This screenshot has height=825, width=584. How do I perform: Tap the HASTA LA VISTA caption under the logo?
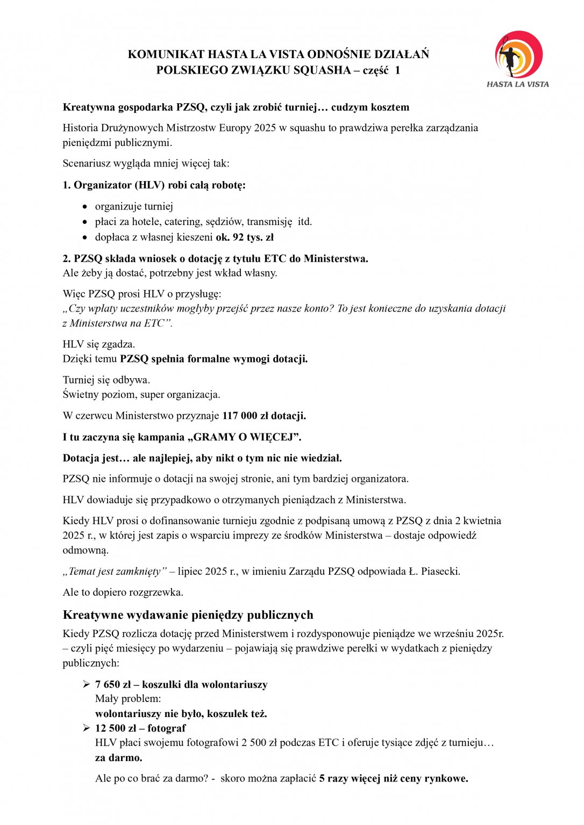point(517,84)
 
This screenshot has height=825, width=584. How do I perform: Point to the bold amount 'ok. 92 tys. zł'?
point(245,237)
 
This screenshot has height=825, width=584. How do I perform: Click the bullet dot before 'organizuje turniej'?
point(84,207)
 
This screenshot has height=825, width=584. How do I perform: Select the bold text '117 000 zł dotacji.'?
point(264,416)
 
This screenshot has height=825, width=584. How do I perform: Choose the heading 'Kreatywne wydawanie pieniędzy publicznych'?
point(188,614)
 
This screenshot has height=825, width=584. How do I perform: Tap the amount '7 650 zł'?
point(113,684)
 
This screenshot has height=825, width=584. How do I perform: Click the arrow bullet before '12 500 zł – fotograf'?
point(86,728)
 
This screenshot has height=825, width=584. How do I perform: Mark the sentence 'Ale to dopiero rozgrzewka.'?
point(123,592)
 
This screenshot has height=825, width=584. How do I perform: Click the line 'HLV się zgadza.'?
point(99,344)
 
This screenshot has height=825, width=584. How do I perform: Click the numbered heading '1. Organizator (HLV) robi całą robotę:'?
point(154,185)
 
